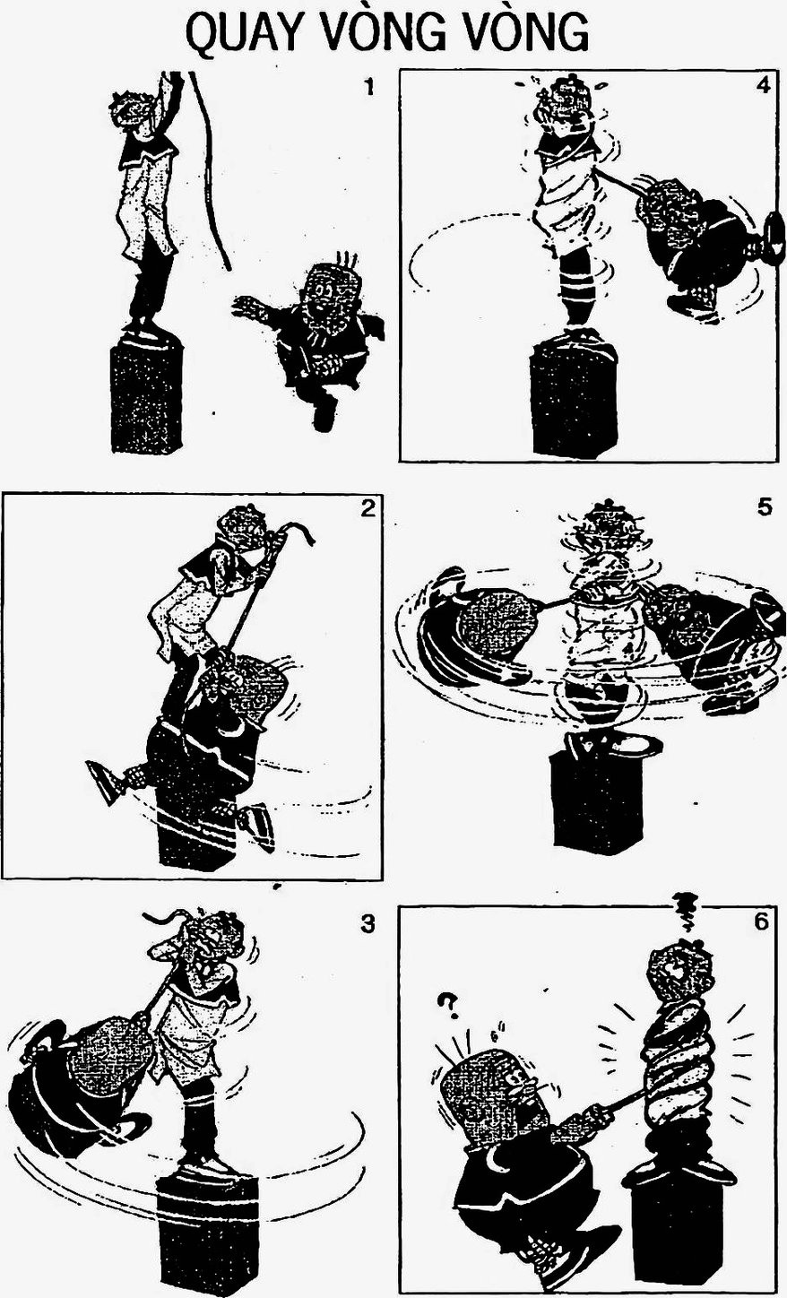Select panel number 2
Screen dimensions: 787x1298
pyautogui.click(x=368, y=508)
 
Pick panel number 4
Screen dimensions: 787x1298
pyautogui.click(x=763, y=86)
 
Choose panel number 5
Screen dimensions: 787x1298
pyautogui.click(x=765, y=507)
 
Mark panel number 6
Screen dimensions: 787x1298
pyautogui.click(x=762, y=922)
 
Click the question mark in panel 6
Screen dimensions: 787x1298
pyautogui.click(x=446, y=1006)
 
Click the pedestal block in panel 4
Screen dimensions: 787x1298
pyautogui.click(x=575, y=399)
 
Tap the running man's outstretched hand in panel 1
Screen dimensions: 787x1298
pyautogui.click(x=247, y=304)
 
